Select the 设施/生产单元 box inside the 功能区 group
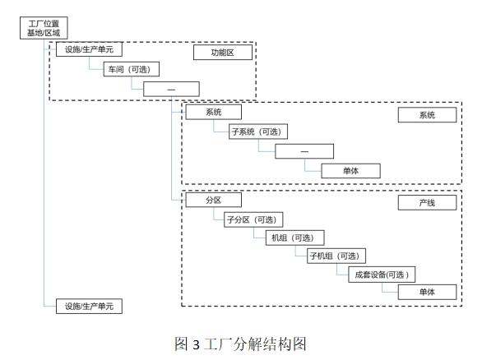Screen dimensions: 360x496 (x=88, y=51)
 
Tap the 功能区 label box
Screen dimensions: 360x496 (x=222, y=53)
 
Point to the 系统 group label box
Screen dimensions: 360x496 (x=427, y=116)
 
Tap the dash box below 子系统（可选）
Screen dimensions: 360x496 (x=304, y=151)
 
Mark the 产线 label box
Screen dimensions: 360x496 (x=427, y=202)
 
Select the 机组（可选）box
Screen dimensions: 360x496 (x=294, y=238)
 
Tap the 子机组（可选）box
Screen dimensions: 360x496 (x=336, y=256)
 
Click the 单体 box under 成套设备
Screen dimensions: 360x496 (x=427, y=292)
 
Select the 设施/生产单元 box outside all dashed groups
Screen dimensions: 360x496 (x=88, y=306)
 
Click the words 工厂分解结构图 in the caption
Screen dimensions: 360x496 (x=260, y=344)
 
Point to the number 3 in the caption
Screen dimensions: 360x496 (x=197, y=345)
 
